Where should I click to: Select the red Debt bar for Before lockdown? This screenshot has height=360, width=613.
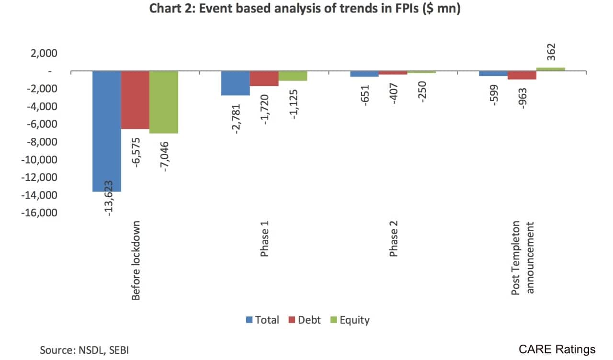(135, 100)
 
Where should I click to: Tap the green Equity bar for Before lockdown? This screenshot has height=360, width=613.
(164, 102)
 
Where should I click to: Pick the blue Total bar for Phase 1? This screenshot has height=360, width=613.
(235, 83)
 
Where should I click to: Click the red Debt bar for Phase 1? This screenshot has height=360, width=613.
(264, 79)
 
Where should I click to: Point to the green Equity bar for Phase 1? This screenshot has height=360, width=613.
(293, 76)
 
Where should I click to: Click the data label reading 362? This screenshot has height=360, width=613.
(550, 52)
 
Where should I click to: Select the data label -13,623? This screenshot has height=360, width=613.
(108, 198)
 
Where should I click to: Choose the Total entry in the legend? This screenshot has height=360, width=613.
(262, 320)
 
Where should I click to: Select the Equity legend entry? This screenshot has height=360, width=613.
(349, 320)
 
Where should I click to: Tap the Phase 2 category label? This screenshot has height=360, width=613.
(393, 239)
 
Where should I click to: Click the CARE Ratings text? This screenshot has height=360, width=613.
(557, 349)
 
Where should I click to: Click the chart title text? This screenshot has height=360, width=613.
(305, 9)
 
